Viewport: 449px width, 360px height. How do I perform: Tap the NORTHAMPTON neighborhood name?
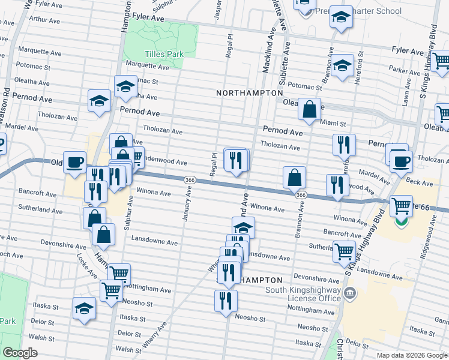coord(249,93)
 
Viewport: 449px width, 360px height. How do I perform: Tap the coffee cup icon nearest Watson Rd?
coord(75,163)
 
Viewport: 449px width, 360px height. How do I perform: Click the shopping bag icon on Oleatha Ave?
coord(309,110)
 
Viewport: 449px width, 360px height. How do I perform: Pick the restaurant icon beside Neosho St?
coord(226,301)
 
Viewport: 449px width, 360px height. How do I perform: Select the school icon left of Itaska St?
coord(83,310)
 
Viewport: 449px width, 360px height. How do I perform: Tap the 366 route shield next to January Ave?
coord(189,180)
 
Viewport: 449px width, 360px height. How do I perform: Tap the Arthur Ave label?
coord(50,19)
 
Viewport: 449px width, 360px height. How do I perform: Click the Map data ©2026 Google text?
coord(411,355)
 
